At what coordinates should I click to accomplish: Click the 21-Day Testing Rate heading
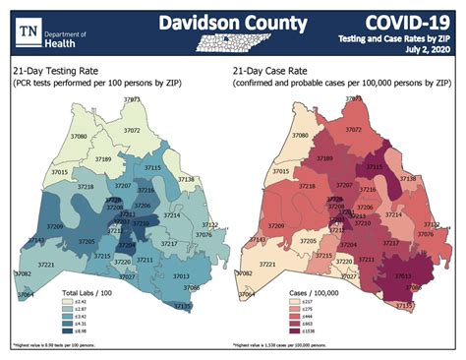pos(63,72)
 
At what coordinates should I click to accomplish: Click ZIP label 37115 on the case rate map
pos(375,168)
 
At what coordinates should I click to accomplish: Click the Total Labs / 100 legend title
pos(89,293)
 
